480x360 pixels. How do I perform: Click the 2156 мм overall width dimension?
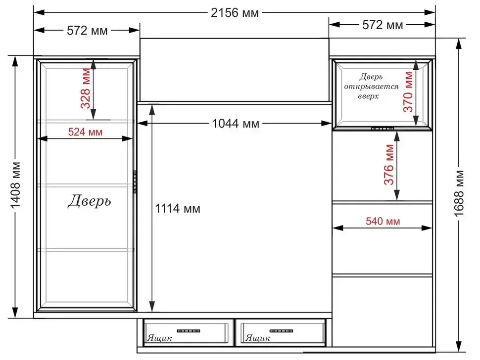click(235, 13)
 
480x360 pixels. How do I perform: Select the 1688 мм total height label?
click(459, 193)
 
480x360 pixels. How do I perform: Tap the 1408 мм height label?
click(15, 185)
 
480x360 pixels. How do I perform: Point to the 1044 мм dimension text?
click(236, 124)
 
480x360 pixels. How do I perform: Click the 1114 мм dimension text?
click(178, 209)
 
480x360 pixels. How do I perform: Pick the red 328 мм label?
click(86, 88)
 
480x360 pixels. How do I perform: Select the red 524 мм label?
click(85, 132)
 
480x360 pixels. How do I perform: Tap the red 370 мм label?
click(408, 92)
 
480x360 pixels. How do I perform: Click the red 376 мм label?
click(389, 165)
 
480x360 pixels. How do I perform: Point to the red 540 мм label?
click(383, 221)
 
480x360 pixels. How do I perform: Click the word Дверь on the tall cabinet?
click(89, 201)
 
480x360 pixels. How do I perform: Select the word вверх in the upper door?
click(368, 96)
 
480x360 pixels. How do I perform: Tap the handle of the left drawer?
click(189, 331)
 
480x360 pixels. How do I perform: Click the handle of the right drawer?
click(282, 331)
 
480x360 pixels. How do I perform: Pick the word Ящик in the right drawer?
click(258, 338)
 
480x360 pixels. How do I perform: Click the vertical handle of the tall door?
click(135, 181)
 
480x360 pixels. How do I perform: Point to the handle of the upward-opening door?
click(383, 129)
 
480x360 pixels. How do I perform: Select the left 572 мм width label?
click(87, 31)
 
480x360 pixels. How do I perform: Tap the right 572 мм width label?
click(383, 25)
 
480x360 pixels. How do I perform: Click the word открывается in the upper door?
click(371, 87)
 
